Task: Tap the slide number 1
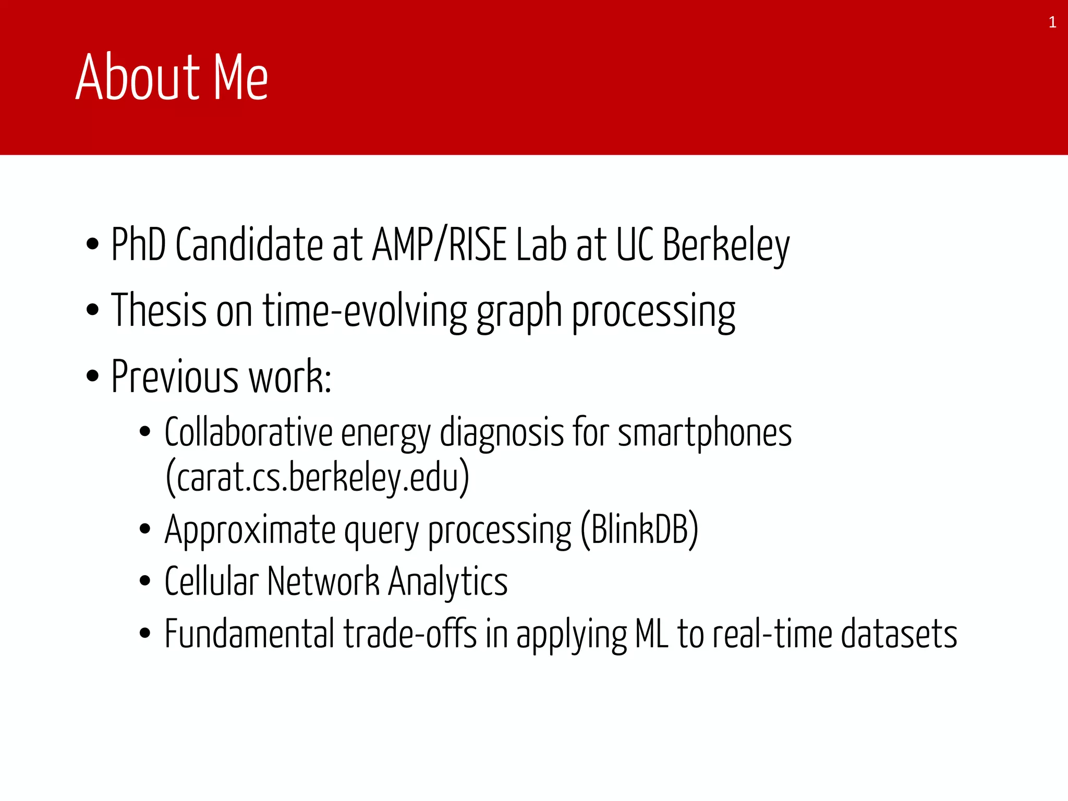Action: click(x=1052, y=22)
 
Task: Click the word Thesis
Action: click(x=159, y=310)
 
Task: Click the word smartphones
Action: click(x=705, y=433)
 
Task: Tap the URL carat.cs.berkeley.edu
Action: click(x=318, y=477)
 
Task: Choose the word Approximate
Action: click(x=250, y=530)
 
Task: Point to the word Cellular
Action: click(x=211, y=581)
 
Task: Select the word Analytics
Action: click(x=448, y=582)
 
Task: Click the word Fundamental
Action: click(x=249, y=634)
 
